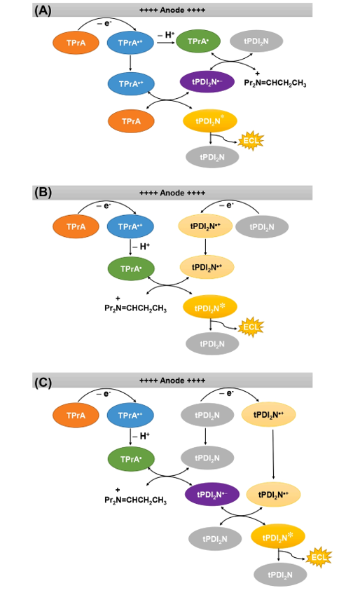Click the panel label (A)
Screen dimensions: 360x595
click(x=43, y=10)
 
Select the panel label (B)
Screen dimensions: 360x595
click(x=43, y=193)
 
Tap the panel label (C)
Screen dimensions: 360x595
click(x=43, y=383)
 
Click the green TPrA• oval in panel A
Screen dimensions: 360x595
click(x=198, y=41)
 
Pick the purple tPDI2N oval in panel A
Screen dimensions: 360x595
click(x=207, y=81)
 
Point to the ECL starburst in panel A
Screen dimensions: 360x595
click(x=251, y=141)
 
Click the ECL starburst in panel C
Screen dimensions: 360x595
click(x=319, y=557)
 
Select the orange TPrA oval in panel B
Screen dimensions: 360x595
click(x=76, y=226)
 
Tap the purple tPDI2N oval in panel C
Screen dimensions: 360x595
click(x=212, y=495)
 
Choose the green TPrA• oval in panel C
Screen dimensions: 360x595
click(x=131, y=459)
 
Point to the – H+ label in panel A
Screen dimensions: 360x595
click(x=166, y=35)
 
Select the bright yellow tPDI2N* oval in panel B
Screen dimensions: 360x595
click(x=210, y=308)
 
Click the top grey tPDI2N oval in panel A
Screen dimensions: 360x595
click(x=256, y=41)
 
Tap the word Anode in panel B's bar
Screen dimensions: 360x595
click(x=172, y=193)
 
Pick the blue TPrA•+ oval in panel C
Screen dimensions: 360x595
click(x=130, y=415)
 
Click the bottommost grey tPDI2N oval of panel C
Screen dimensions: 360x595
click(x=280, y=575)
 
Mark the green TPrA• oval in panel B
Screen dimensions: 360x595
click(x=131, y=268)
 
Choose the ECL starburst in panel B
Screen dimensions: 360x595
click(x=251, y=327)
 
